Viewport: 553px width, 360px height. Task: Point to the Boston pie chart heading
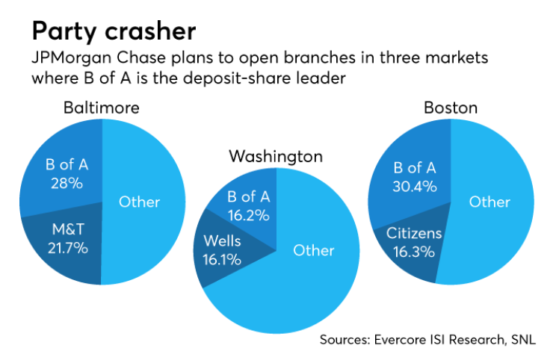[450, 108]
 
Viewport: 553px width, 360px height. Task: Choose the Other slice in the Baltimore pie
[140, 202]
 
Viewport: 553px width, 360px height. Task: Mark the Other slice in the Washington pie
[314, 251]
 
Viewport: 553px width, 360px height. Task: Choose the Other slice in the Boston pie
[489, 202]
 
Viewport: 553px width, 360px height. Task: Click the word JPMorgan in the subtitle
[75, 58]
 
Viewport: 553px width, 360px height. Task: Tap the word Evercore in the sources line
[400, 339]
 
